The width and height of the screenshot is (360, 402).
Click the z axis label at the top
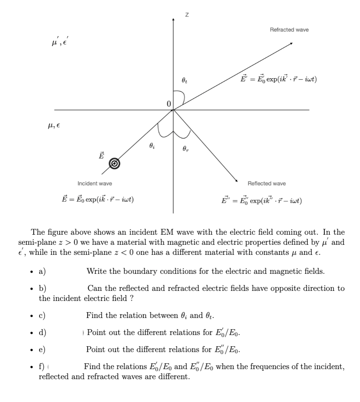point(187,15)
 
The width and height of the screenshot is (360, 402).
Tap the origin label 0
point(168,103)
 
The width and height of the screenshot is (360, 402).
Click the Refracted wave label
point(289,30)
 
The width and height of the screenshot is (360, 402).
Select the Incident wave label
point(95,183)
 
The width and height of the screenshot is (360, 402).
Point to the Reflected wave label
point(267,183)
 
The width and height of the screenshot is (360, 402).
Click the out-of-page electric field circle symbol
point(113,163)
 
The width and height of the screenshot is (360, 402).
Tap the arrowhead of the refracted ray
point(291,44)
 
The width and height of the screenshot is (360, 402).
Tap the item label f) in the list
point(42,367)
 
